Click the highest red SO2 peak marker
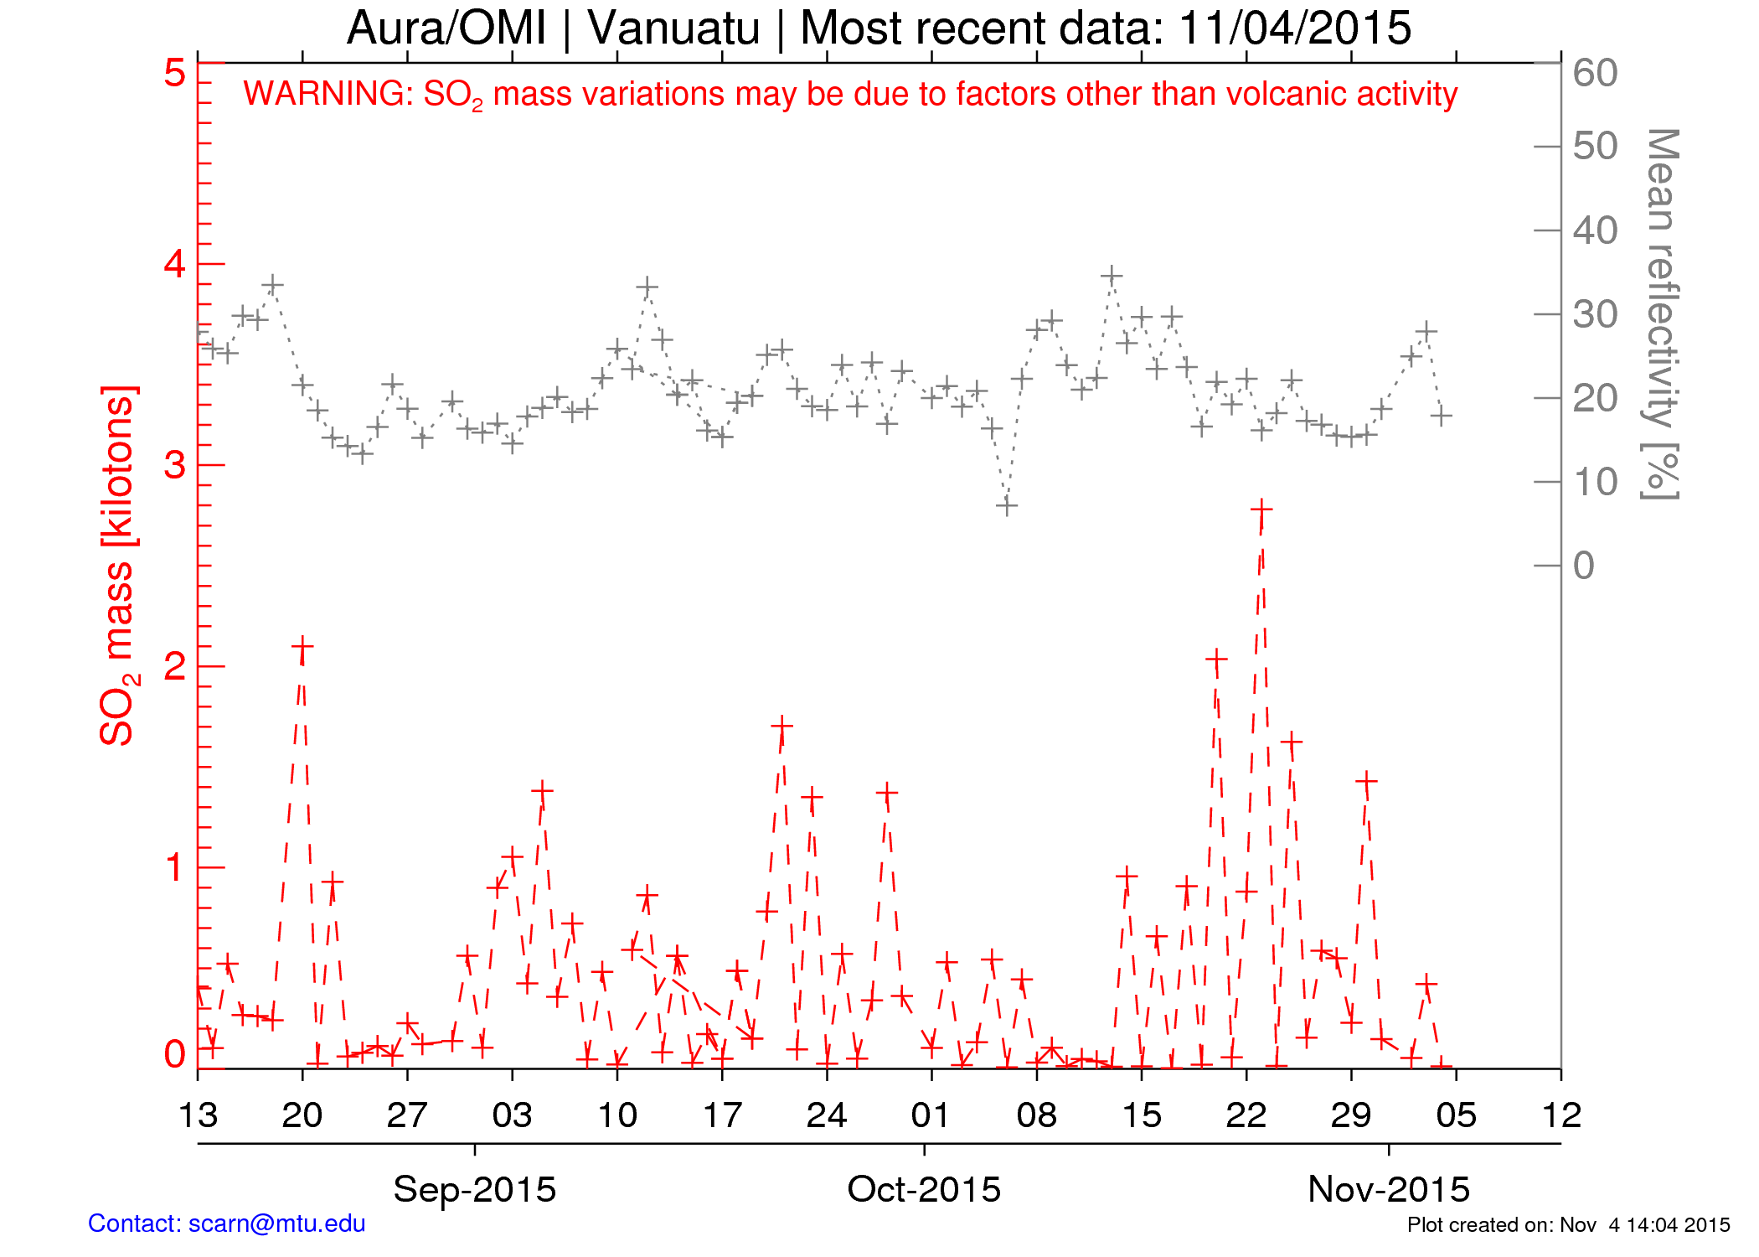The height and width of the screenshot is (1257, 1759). pyautogui.click(x=1261, y=509)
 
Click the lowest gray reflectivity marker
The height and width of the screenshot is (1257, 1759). pyautogui.click(x=1007, y=505)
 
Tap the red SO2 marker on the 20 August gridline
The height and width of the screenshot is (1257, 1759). pyautogui.click(x=302, y=647)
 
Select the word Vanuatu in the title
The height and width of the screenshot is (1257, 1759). pyautogui.click(x=673, y=28)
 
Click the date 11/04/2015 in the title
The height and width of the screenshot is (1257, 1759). pyautogui.click(x=1294, y=28)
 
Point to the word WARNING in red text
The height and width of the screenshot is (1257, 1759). pyautogui.click(x=328, y=94)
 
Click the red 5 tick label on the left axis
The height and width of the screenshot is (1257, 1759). pyautogui.click(x=174, y=73)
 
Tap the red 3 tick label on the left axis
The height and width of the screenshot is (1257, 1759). pyautogui.click(x=174, y=465)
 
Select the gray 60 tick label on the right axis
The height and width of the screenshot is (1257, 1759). pyautogui.click(x=1595, y=73)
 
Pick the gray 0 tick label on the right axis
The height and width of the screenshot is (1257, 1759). pyautogui.click(x=1583, y=566)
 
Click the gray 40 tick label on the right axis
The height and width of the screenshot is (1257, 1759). pyautogui.click(x=1595, y=230)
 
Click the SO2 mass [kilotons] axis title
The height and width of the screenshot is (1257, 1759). pyautogui.click(x=117, y=566)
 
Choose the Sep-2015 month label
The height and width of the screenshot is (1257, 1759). pyautogui.click(x=474, y=1189)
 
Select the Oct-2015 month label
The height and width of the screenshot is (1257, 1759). pyautogui.click(x=924, y=1189)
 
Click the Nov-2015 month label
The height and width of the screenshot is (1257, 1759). pyautogui.click(x=1389, y=1189)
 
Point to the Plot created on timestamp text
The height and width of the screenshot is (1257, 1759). pyautogui.click(x=1568, y=1225)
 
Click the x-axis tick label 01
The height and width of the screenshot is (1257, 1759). pyautogui.click(x=931, y=1115)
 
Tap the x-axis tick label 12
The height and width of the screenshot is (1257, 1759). pyautogui.click(x=1561, y=1115)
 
